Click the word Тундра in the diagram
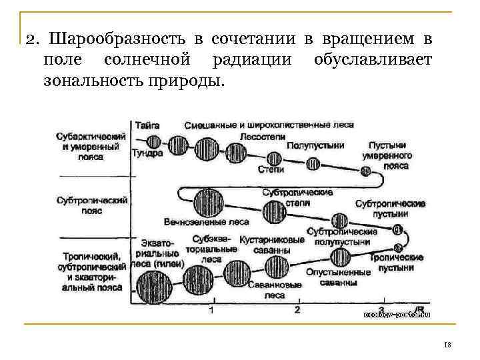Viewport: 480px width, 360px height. tap(147, 153)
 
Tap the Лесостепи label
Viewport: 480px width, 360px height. tap(261, 135)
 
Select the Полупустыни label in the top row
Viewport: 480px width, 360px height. tap(315, 145)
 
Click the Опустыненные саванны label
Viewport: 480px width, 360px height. tap(338, 277)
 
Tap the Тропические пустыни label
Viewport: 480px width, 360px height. tap(397, 262)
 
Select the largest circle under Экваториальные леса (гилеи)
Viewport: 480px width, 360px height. tap(155, 285)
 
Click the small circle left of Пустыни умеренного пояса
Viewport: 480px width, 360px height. tap(365, 171)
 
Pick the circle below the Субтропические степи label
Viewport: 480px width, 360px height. tap(273, 213)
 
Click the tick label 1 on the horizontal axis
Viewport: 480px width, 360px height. tap(211, 309)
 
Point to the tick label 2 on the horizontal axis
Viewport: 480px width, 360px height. tap(297, 309)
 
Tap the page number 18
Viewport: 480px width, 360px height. tap(447, 344)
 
